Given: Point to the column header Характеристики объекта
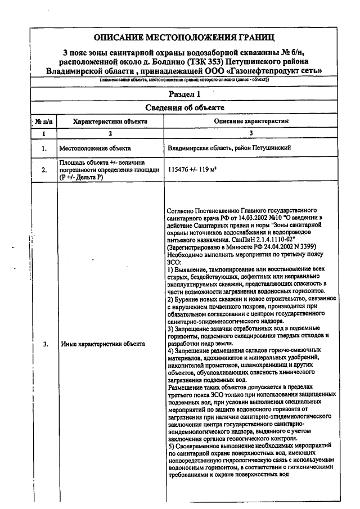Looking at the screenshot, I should [x=110, y=121].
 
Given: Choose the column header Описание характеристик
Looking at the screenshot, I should [x=251, y=121].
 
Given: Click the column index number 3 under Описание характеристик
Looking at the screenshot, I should [x=251, y=133].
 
